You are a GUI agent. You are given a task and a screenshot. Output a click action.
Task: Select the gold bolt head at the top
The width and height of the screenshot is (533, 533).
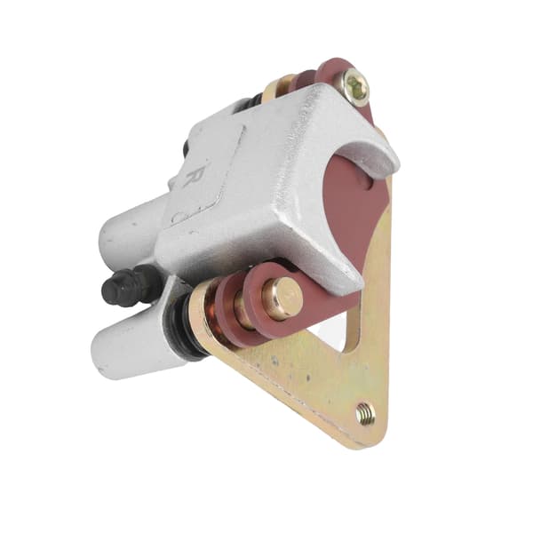coord(356,86)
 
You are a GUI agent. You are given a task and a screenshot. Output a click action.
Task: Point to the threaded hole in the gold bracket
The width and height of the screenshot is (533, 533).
coord(366,413)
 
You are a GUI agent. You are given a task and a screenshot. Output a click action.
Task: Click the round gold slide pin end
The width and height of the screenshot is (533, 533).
coord(282,292)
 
